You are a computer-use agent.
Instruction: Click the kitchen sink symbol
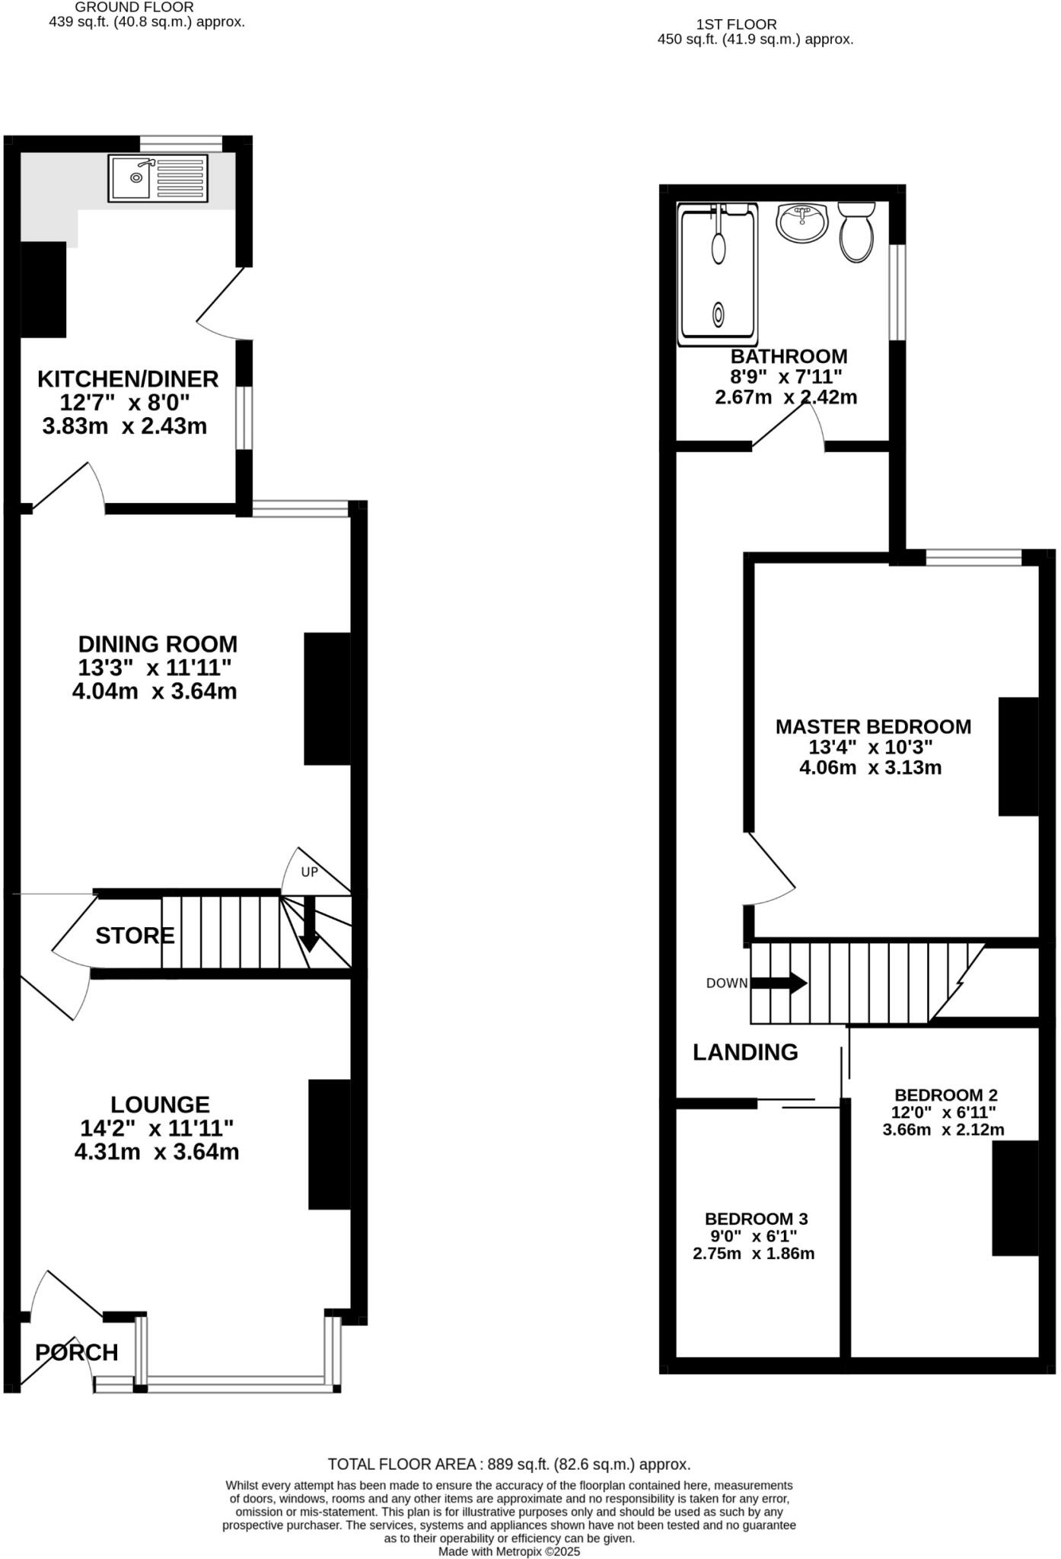pyautogui.click(x=158, y=177)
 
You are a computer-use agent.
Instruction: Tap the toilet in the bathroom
pyautogui.click(x=856, y=233)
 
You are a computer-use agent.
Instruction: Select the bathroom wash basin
pyautogui.click(x=801, y=222)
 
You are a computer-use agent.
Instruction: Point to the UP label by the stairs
pyautogui.click(x=309, y=872)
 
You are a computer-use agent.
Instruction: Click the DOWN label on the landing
pyautogui.click(x=727, y=983)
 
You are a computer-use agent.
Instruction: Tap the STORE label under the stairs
pyautogui.click(x=135, y=936)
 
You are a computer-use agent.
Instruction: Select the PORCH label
pyautogui.click(x=77, y=1353)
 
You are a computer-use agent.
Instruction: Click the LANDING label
pyautogui.click(x=745, y=1052)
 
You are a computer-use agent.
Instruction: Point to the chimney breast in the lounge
pyautogui.click(x=330, y=1144)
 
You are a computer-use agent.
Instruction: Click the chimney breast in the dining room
pyautogui.click(x=327, y=698)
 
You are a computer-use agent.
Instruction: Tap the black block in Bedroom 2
pyautogui.click(x=1015, y=1197)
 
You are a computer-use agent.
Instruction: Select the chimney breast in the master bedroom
pyautogui.click(x=1018, y=756)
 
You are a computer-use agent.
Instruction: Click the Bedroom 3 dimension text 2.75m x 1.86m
pyautogui.click(x=754, y=1253)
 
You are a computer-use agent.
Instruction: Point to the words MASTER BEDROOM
pyautogui.click(x=873, y=726)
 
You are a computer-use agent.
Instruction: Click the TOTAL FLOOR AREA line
pyautogui.click(x=509, y=1464)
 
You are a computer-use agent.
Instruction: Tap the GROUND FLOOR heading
pyautogui.click(x=134, y=7)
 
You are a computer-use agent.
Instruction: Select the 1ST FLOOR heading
pyautogui.click(x=736, y=24)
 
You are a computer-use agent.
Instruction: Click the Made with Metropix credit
pyautogui.click(x=509, y=1551)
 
